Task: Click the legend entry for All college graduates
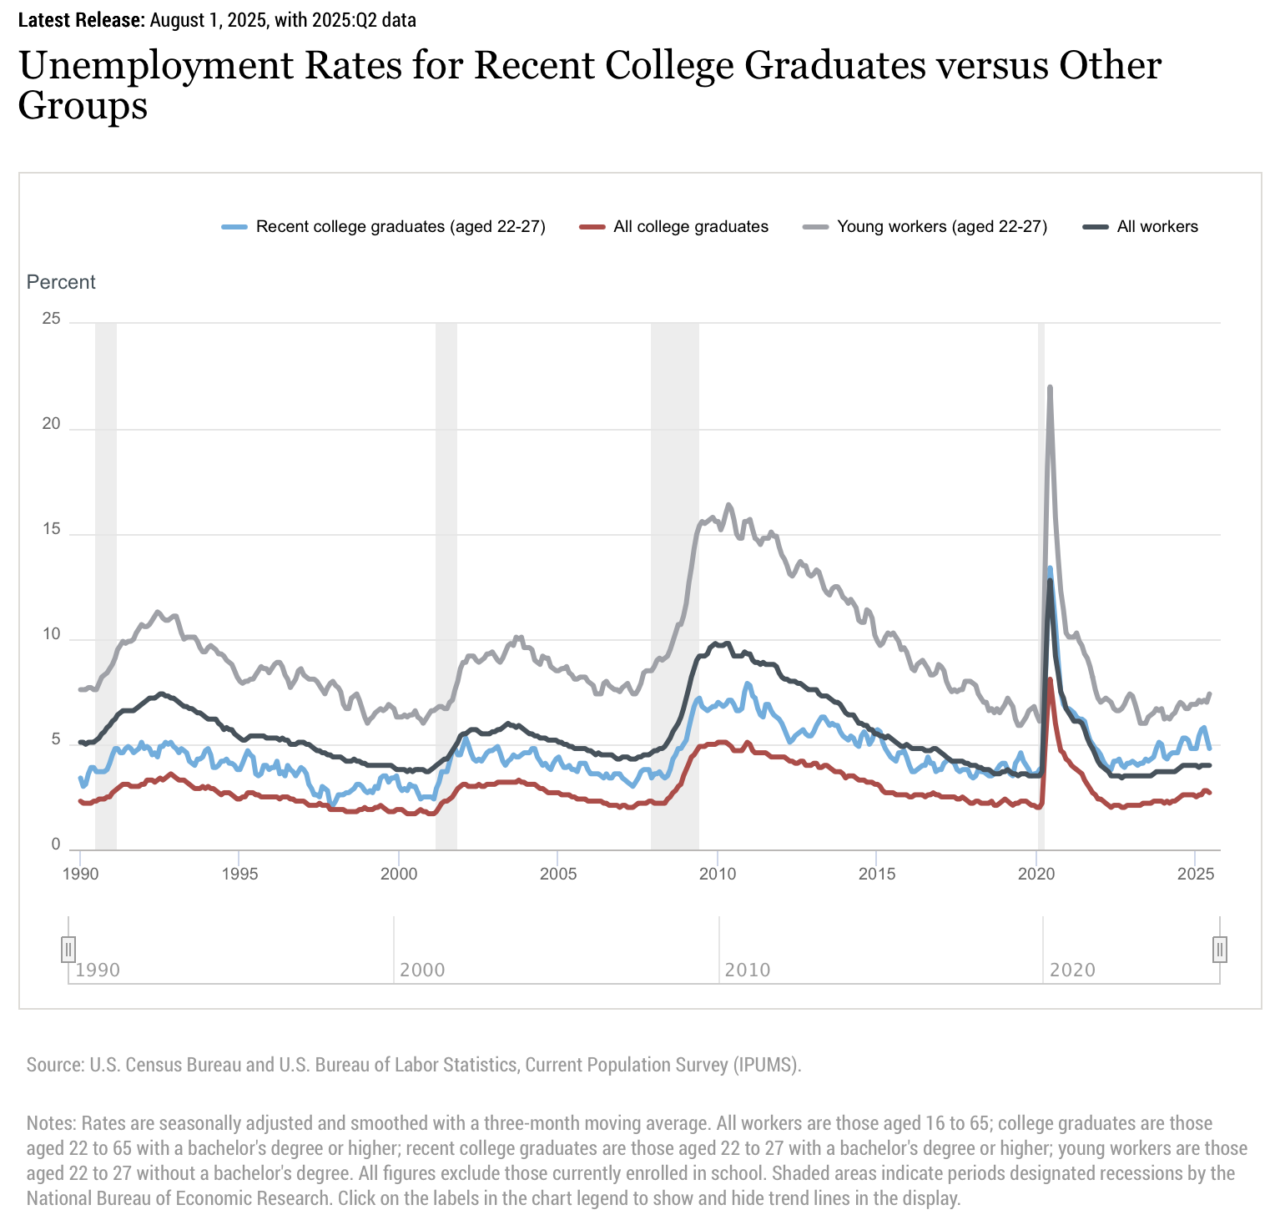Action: point(690,227)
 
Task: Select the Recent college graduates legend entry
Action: point(400,227)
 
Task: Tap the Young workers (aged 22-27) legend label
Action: point(941,227)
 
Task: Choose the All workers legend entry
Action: point(1157,227)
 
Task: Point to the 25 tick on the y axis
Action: point(52,319)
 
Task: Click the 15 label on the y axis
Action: point(52,530)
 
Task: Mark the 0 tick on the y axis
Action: point(56,845)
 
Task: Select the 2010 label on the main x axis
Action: point(717,875)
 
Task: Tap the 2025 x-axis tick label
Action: point(1194,875)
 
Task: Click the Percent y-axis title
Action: point(61,282)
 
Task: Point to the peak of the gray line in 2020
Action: point(1050,387)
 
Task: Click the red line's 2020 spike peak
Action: point(1050,680)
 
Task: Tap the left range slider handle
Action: point(68,949)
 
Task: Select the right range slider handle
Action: point(1220,949)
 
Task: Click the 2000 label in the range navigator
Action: point(422,970)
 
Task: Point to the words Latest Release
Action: point(81,20)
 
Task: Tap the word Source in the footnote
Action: point(53,1065)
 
